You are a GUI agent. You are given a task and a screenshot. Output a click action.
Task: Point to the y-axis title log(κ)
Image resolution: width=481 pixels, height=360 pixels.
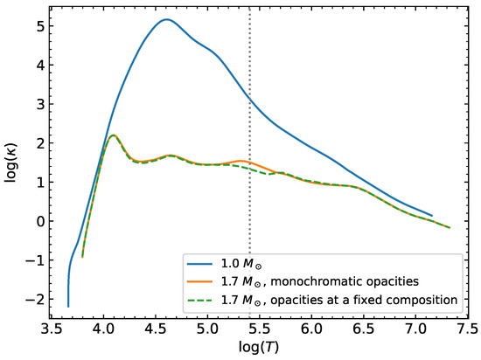click(11, 163)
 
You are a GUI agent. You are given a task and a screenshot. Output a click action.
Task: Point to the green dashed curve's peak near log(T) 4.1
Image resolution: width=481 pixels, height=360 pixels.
click(113, 135)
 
